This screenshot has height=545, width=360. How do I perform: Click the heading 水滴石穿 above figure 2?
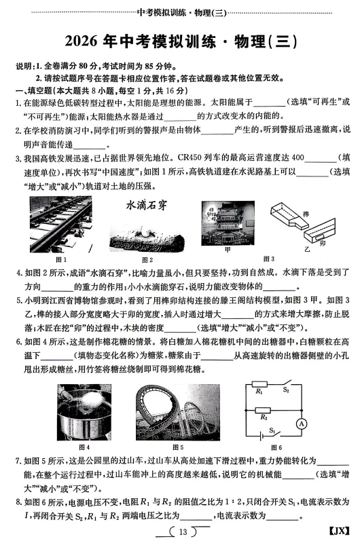147,204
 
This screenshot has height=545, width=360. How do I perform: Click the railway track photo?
60,227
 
